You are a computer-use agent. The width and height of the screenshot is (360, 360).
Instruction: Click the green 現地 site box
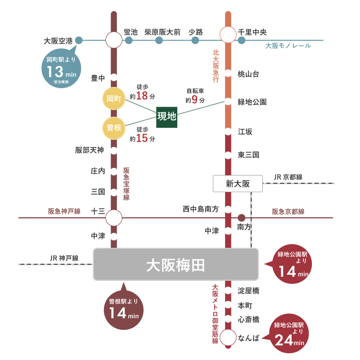(x=166, y=116)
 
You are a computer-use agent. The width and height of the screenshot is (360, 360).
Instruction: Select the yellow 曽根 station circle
(x=114, y=128)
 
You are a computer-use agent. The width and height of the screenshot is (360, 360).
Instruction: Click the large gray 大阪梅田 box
(x=176, y=264)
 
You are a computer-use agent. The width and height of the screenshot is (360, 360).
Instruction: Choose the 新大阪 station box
(x=237, y=183)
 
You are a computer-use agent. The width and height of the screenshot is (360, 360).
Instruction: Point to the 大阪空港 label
(x=58, y=40)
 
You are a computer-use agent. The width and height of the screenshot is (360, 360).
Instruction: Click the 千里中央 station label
(x=252, y=32)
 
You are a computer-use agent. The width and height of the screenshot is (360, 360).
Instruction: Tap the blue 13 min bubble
(x=62, y=70)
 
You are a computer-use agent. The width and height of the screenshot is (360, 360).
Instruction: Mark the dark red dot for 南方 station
(x=242, y=218)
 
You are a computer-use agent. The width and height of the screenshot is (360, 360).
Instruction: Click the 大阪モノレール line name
(x=288, y=46)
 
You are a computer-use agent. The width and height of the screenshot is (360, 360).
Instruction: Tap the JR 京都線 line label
(x=288, y=177)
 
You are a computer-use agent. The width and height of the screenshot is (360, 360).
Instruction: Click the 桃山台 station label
(x=248, y=74)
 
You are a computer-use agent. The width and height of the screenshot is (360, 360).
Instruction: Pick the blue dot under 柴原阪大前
(x=159, y=40)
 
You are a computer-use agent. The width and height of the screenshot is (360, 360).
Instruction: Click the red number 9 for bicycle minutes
(x=195, y=99)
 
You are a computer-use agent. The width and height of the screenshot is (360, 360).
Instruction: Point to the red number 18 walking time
(x=142, y=95)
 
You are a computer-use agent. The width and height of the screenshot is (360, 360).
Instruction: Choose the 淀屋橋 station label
(x=248, y=291)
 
